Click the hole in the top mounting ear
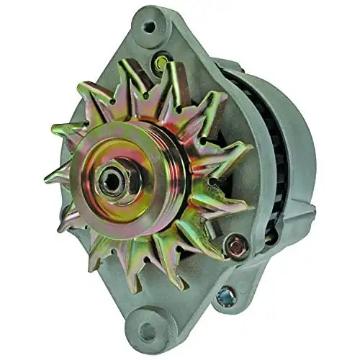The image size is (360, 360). pos(149,27)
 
